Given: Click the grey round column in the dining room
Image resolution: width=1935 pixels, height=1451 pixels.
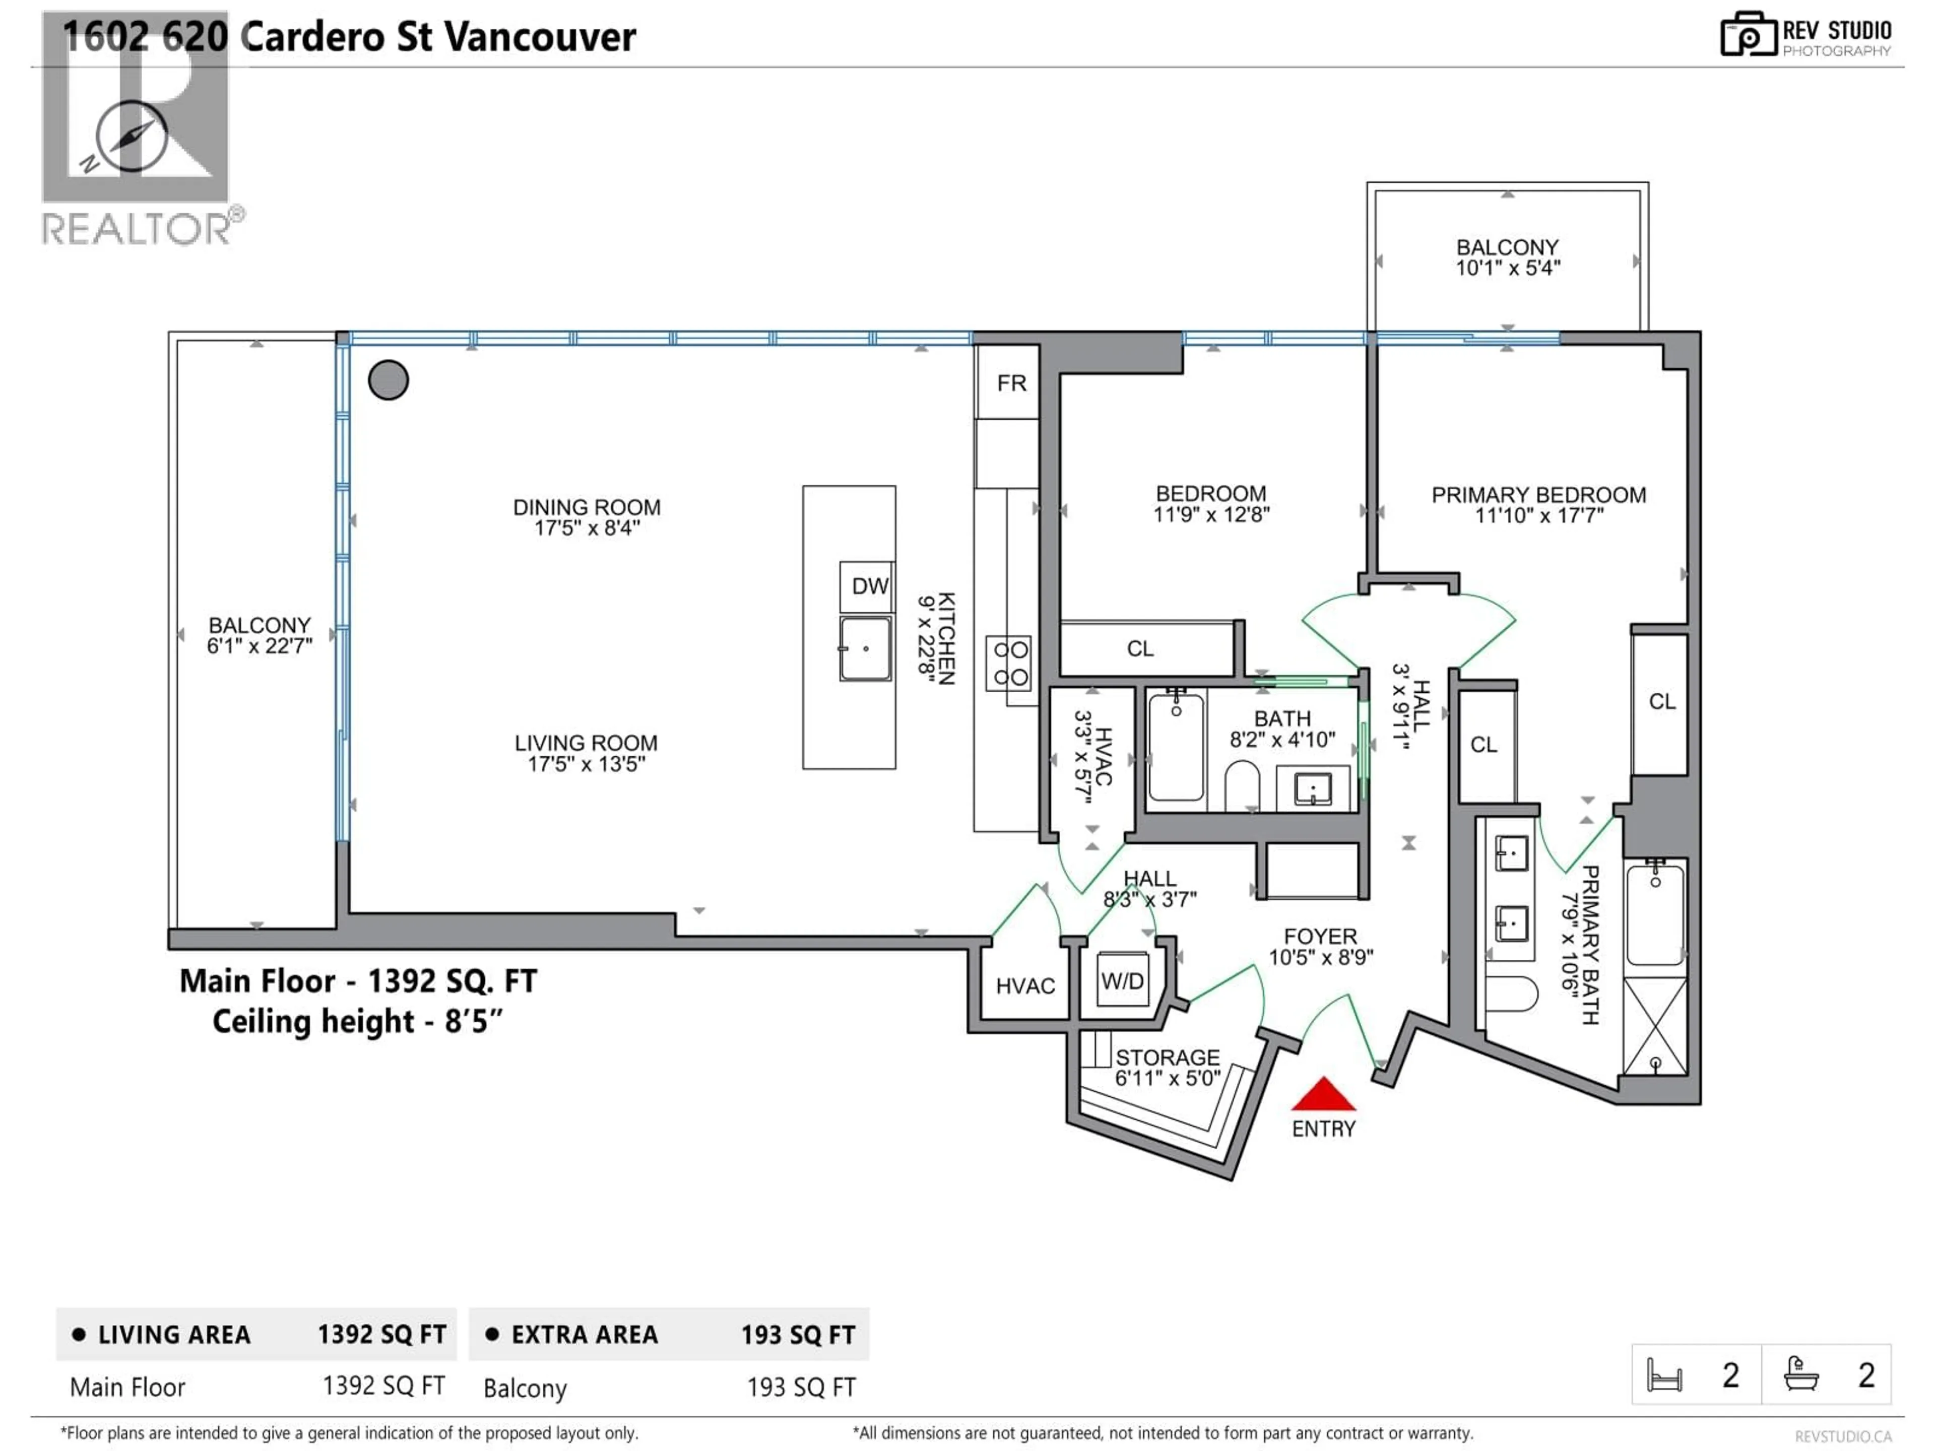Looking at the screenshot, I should [389, 380].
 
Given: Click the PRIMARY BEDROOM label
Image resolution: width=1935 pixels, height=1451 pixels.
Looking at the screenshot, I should [1538, 495].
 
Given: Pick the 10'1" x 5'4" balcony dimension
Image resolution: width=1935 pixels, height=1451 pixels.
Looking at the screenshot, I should [1507, 269].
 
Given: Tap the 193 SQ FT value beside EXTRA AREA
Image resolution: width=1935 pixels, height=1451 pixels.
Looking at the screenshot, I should [798, 1335].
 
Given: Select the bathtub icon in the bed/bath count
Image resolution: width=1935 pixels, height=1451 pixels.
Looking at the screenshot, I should [1801, 1374].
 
